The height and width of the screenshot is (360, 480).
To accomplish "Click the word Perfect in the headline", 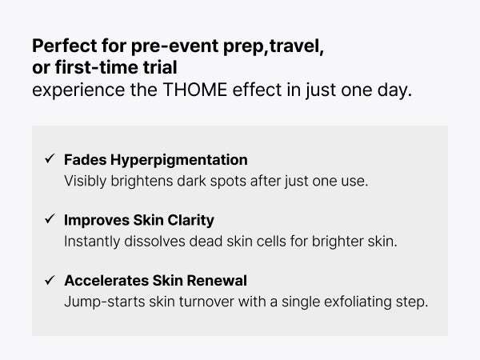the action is pos(65,46).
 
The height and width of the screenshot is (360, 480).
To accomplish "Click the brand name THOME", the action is pos(195,90).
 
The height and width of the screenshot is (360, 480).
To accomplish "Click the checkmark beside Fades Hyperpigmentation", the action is pos(50,158).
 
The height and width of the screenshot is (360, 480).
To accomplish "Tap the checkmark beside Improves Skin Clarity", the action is pos(50,219).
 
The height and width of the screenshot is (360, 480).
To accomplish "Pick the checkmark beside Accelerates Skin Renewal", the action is pos(50,280).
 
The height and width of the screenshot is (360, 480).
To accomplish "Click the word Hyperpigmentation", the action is pos(178,161).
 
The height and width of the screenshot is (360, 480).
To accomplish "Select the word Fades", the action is pos(86,160).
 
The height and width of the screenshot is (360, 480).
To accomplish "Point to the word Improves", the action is pos(97,221).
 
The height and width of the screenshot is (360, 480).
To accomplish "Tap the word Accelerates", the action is pos(106,281).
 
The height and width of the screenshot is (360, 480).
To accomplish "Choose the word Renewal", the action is pos(217,281).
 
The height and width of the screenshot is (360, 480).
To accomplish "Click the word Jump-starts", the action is pos(105,302).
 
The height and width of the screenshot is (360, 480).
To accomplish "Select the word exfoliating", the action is pos(358,302).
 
